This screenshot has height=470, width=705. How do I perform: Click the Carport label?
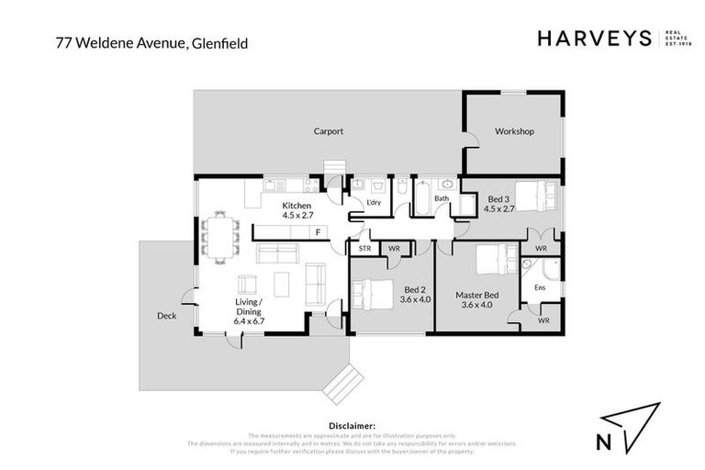point(328,131)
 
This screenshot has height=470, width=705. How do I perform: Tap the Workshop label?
point(514,131)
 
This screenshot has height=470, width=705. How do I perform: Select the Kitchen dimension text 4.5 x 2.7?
point(297,215)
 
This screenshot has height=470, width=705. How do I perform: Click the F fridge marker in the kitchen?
point(318,232)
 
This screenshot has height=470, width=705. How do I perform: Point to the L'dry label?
point(374,202)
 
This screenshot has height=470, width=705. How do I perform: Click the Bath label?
point(442,198)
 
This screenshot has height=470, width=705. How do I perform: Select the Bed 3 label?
point(498,199)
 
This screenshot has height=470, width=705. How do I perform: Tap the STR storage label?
point(364,249)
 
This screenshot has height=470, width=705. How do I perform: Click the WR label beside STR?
point(394,249)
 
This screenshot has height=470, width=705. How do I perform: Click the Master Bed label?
point(476,295)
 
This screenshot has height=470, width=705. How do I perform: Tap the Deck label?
point(166,316)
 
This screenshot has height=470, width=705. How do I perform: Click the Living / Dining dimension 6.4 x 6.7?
point(249,321)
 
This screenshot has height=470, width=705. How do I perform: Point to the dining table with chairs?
point(219,237)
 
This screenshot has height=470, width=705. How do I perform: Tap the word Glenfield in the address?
point(221,42)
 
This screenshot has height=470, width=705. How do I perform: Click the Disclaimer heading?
point(352,426)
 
